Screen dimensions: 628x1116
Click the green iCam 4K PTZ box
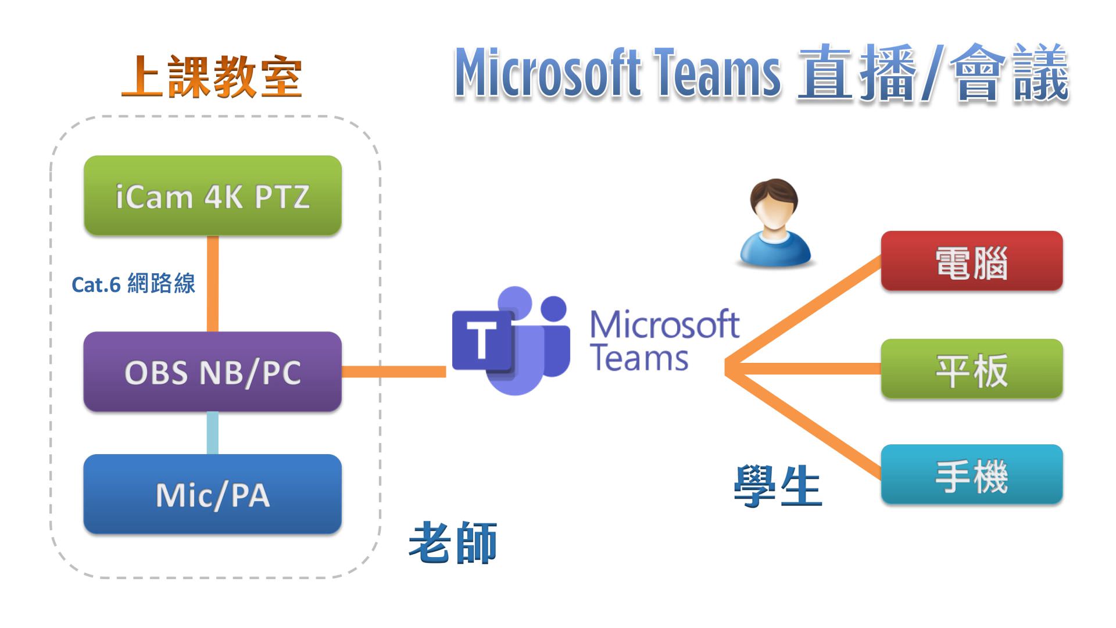point(213,195)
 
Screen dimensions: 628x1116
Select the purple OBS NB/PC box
point(213,372)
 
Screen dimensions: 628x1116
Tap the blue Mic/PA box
point(213,494)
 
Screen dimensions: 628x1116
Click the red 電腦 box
point(971,261)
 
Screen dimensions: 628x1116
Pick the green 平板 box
point(971,369)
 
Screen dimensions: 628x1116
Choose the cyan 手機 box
point(971,474)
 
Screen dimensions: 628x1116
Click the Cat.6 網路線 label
point(133,284)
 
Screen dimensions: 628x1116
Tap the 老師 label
point(453,543)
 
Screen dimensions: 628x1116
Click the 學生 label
point(778,486)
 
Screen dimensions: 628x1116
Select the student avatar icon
point(774,224)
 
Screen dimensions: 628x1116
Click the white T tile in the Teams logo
point(482,340)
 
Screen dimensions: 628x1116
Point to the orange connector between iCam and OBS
point(213,284)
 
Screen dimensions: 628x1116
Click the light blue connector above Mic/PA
point(213,433)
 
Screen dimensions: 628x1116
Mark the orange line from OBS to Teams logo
point(394,372)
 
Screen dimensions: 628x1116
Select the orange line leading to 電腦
point(805,312)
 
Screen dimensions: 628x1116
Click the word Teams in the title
point(717,74)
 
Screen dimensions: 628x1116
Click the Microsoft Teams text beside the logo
point(664,341)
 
